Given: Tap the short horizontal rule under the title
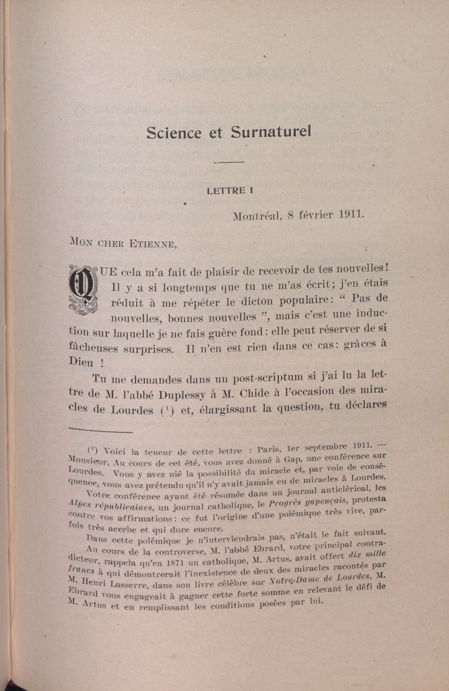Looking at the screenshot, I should click(x=228, y=162).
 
